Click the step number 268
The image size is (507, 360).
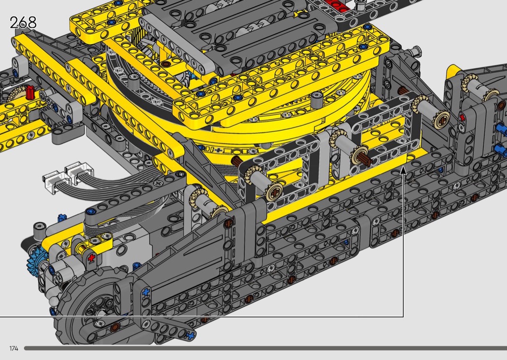coord(23,23)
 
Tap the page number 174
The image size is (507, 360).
coord(14,348)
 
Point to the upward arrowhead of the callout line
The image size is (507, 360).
coord(403,170)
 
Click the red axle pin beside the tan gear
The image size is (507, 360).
coord(30,93)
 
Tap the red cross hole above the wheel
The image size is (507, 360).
coord(92,258)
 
